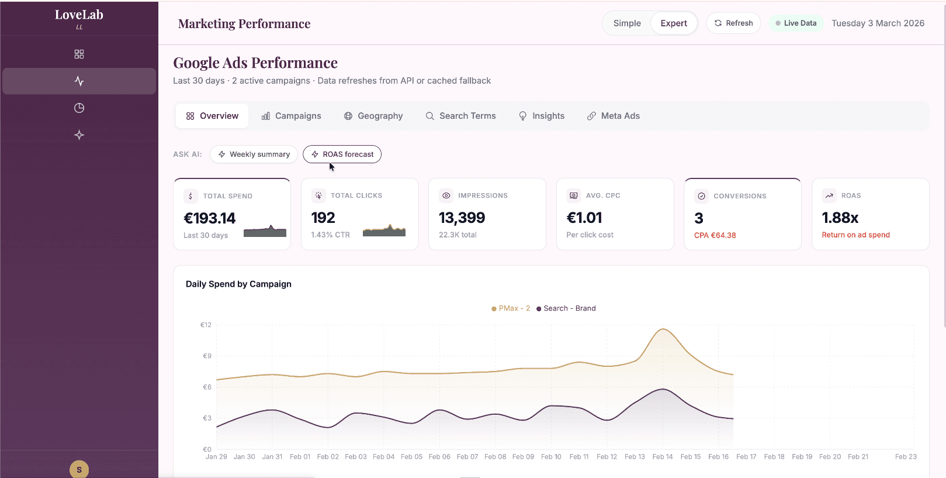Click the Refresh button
pos(733,23)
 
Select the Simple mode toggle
pos(627,23)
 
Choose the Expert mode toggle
pos(674,23)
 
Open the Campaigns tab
pos(291,116)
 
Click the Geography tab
pos(373,116)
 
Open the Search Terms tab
pos(460,116)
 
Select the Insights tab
pos(542,116)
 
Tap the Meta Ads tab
pos(613,116)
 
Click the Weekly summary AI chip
pos(254,154)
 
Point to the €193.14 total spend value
pos(210,218)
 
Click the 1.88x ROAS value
pos(840,218)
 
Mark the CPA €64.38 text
pos(715,235)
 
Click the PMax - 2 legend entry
pos(511,308)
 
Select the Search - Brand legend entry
pos(566,308)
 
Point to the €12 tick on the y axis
pos(206,325)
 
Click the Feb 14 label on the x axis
pos(662,457)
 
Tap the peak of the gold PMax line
pos(663,329)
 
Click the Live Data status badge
pos(796,23)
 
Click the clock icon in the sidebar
pos(79,108)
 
